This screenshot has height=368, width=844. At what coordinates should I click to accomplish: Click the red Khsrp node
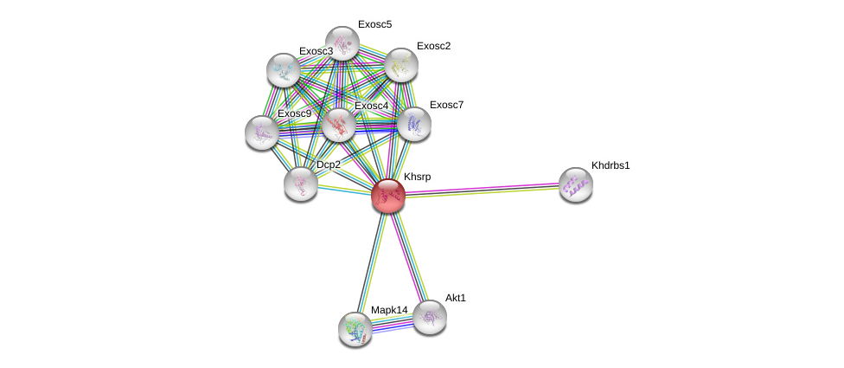388,196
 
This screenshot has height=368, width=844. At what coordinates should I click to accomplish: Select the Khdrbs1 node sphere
575,184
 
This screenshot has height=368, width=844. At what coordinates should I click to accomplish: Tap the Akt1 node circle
429,317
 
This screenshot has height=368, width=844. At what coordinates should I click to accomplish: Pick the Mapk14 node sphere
355,329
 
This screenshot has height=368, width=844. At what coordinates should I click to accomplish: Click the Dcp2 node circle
300,183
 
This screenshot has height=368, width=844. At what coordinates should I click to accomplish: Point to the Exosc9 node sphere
261,132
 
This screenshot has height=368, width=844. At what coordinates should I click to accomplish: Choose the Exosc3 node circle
283,70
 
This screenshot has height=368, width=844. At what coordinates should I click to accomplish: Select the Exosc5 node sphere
342,43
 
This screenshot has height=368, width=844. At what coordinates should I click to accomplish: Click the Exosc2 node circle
400,65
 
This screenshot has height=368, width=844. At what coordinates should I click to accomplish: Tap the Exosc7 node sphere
413,124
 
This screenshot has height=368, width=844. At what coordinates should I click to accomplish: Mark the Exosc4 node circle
338,125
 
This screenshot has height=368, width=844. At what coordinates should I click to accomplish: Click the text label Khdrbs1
611,165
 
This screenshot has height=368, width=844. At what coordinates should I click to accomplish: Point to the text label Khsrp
417,177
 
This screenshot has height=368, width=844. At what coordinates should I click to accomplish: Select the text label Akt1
456,298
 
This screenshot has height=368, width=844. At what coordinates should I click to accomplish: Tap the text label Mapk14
388,310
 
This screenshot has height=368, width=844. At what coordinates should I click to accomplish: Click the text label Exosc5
374,24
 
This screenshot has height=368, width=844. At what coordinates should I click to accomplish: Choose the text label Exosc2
433,46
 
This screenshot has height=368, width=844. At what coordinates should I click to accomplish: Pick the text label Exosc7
446,105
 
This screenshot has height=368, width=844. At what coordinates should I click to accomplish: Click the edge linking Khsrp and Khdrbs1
482,190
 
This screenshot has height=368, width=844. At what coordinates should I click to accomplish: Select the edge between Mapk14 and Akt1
392,323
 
